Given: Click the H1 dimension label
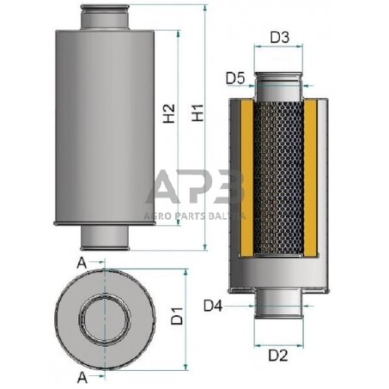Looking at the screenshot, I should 198,112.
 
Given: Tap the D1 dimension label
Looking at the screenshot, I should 177,316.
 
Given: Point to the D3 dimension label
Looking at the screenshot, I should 279,38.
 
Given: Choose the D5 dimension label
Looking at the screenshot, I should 236,79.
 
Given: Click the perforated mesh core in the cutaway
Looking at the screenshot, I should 279,180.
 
